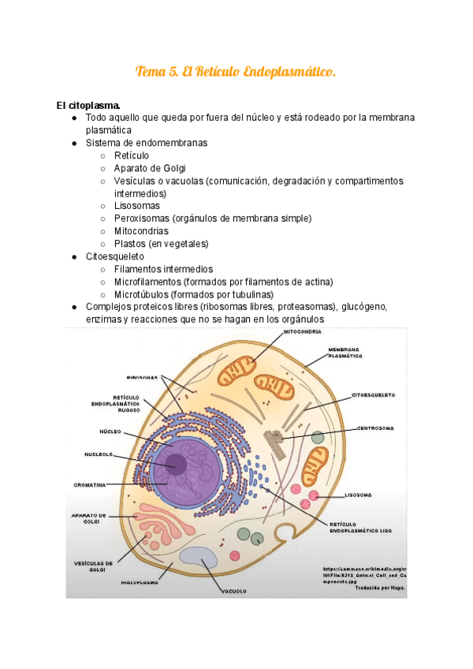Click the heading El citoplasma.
coord(88,105)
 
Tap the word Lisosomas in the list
coord(136,206)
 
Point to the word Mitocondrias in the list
coord(141,231)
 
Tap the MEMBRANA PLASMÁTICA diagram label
coord(345,353)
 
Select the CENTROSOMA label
coord(374,428)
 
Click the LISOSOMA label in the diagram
coord(359,495)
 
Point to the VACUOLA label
coord(235,590)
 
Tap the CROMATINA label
coord(91,484)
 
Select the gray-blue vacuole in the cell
coord(199,555)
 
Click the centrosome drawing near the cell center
coord(276,441)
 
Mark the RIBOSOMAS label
coord(142,377)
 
